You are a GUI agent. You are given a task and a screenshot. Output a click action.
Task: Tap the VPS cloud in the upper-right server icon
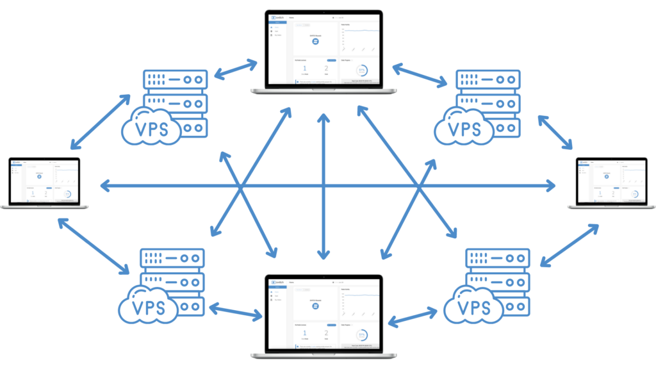[464, 127]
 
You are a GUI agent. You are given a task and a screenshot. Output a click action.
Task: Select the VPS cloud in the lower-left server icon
[148, 307]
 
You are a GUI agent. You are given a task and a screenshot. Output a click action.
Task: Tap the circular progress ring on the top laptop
[362, 71]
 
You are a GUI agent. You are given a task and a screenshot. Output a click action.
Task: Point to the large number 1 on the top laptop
[304, 70]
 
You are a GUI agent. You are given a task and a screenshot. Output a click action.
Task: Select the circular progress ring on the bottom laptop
[362, 336]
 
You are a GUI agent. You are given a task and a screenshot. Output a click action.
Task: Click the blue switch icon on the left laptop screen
[39, 176]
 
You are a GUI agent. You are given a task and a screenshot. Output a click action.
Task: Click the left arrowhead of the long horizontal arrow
[105, 186]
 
